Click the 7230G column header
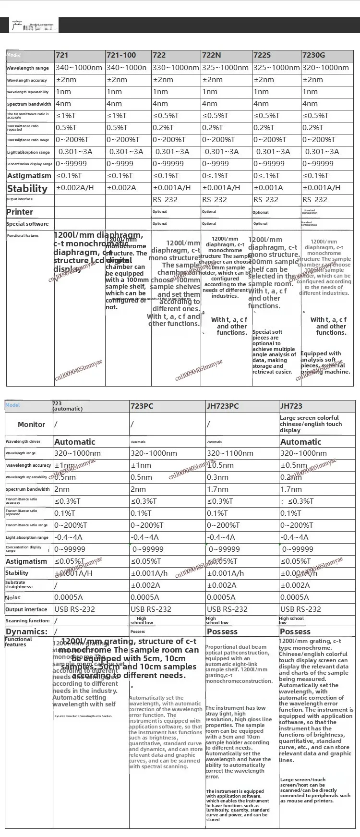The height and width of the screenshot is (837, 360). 313,55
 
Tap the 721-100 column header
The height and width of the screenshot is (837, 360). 121,55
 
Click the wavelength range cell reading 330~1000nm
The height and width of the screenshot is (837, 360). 176,68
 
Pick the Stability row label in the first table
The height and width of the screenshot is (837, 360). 27,188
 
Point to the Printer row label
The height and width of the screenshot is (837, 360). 20,212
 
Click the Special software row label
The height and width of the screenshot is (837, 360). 27,224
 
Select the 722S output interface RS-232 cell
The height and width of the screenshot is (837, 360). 266,200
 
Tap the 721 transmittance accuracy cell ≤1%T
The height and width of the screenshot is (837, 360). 66,116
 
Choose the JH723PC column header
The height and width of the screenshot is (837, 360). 223,406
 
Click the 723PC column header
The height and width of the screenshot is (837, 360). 142,406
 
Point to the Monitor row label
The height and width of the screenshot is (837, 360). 31,425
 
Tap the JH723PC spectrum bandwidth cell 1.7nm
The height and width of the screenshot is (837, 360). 217,489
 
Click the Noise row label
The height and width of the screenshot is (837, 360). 13,597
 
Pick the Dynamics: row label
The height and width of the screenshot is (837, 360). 27,631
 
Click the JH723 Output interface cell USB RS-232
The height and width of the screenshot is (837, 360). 300,609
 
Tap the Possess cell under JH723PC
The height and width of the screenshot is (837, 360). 222,631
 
